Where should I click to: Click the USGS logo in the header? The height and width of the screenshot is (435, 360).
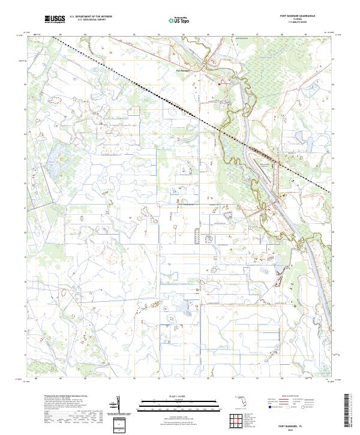pos(55,20)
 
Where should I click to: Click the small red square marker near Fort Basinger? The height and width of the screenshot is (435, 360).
pos(219,84)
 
